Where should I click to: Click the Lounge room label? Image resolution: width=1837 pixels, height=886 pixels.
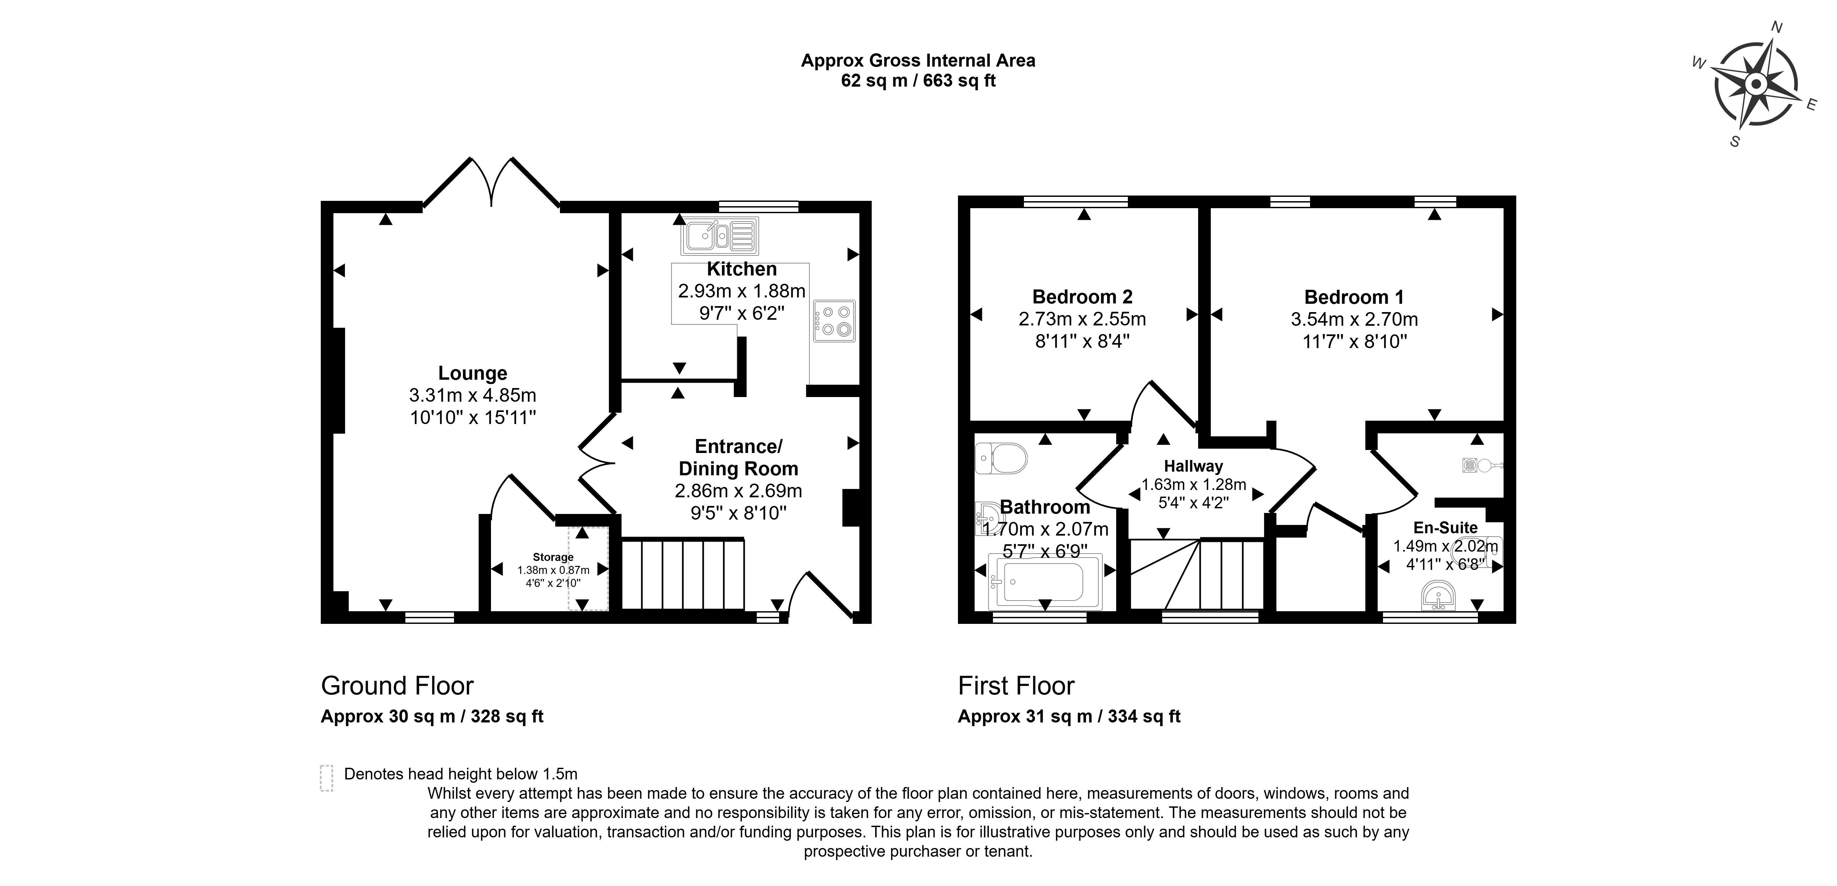point(472,373)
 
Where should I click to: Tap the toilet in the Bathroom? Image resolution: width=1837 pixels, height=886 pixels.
point(1001,458)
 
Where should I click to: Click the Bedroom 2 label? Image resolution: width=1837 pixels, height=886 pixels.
point(1082,297)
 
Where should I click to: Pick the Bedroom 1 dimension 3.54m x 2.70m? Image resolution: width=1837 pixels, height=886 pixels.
point(1353,319)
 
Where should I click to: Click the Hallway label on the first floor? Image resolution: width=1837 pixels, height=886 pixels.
point(1193,467)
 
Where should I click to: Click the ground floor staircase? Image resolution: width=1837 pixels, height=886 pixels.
point(683,574)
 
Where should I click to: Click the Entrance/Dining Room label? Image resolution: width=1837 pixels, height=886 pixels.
point(738,457)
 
